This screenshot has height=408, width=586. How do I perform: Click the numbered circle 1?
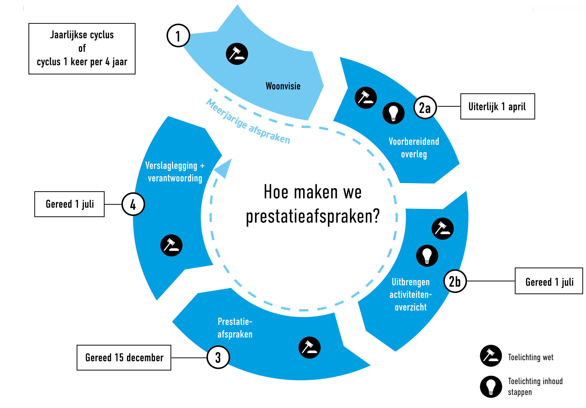point(178,35)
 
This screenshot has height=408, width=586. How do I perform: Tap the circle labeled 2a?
point(425,107)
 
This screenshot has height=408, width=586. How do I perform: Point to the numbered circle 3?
point(218,357)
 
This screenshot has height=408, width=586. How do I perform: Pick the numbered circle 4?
point(133,204)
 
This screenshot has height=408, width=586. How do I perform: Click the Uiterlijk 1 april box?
point(498,106)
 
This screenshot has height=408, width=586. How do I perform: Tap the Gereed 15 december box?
point(124,357)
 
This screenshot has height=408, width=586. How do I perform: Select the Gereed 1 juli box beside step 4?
point(69,204)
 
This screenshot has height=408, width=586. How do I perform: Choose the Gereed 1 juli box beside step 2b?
point(549,281)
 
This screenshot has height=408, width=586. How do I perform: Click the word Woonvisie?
point(283,86)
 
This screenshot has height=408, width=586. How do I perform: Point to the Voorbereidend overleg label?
point(414,148)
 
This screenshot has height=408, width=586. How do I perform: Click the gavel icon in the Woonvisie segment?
point(237,54)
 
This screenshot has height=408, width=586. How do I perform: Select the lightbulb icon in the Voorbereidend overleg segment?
point(393,113)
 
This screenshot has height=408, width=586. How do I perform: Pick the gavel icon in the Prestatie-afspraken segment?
point(309,347)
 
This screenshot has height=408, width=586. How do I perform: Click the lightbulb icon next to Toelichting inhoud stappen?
point(491,387)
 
